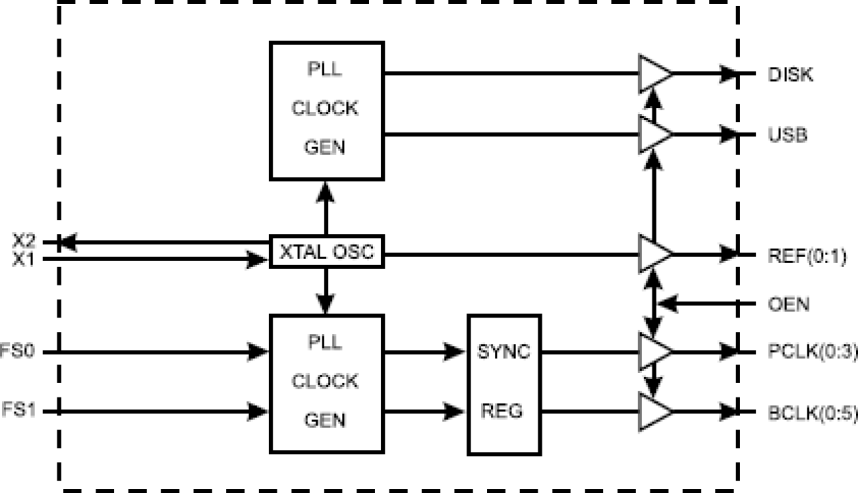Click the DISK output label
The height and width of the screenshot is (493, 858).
click(790, 74)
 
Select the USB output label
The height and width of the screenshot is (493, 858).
click(788, 135)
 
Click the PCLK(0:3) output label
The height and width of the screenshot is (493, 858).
click(812, 352)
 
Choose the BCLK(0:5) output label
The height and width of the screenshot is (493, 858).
click(812, 412)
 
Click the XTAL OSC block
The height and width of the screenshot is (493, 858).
click(327, 252)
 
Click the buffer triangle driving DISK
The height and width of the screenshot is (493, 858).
click(652, 74)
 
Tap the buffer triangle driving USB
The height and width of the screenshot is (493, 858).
click(652, 134)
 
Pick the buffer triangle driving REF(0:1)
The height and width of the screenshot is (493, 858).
click(652, 254)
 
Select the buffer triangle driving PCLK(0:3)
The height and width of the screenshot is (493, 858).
click(652, 352)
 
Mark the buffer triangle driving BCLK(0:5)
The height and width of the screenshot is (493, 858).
click(652, 411)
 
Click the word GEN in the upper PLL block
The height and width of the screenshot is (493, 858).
click(325, 147)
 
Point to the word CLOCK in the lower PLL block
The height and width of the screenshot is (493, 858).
click(325, 381)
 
